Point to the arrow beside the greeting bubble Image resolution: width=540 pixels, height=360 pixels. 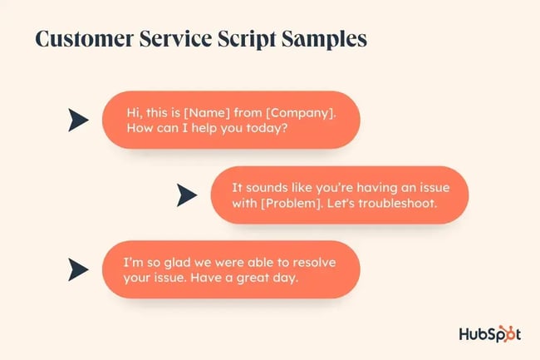[x=78, y=121]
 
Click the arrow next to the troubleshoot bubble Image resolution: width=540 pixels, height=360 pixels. [x=186, y=195]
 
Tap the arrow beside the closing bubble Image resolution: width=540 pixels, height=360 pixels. [x=78, y=269]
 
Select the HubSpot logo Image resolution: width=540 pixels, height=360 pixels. [x=489, y=333]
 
